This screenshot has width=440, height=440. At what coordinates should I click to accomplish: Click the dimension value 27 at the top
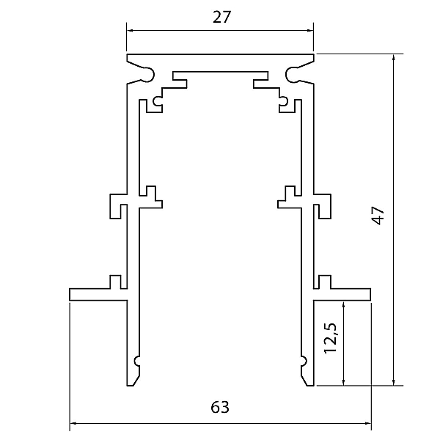[x=221, y=17]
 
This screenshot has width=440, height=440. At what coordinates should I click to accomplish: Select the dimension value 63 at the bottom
[x=220, y=407]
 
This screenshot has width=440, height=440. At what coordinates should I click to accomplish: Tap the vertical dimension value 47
[x=378, y=216]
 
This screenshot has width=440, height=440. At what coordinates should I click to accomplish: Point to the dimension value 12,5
[x=331, y=338]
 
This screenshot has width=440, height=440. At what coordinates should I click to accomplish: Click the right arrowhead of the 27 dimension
[x=310, y=31]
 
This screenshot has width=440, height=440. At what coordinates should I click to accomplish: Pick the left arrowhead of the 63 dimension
[x=73, y=423]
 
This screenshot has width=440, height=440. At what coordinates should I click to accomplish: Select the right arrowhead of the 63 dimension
[x=368, y=423]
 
